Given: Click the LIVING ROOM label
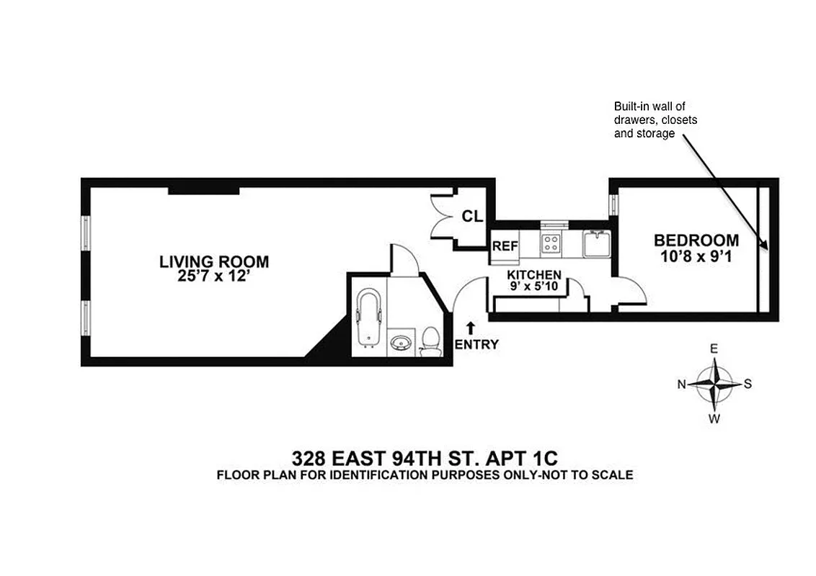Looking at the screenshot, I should [x=214, y=261].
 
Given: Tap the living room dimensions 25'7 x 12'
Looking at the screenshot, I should [x=214, y=276].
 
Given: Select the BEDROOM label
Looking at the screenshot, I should [x=696, y=240].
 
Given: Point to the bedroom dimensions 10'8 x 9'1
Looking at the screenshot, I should [x=696, y=256].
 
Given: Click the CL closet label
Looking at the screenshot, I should [x=472, y=216].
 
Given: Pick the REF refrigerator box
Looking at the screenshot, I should [x=505, y=246].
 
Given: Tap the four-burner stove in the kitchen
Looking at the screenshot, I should [x=551, y=243].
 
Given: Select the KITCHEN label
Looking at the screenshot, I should [x=534, y=275].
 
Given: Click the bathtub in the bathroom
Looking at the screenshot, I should [x=368, y=318].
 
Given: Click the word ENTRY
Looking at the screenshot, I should [x=476, y=344].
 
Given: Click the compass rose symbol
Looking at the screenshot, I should [x=714, y=384].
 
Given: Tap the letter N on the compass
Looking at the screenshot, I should [x=681, y=384].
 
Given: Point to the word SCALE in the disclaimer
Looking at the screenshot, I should [x=613, y=475].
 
